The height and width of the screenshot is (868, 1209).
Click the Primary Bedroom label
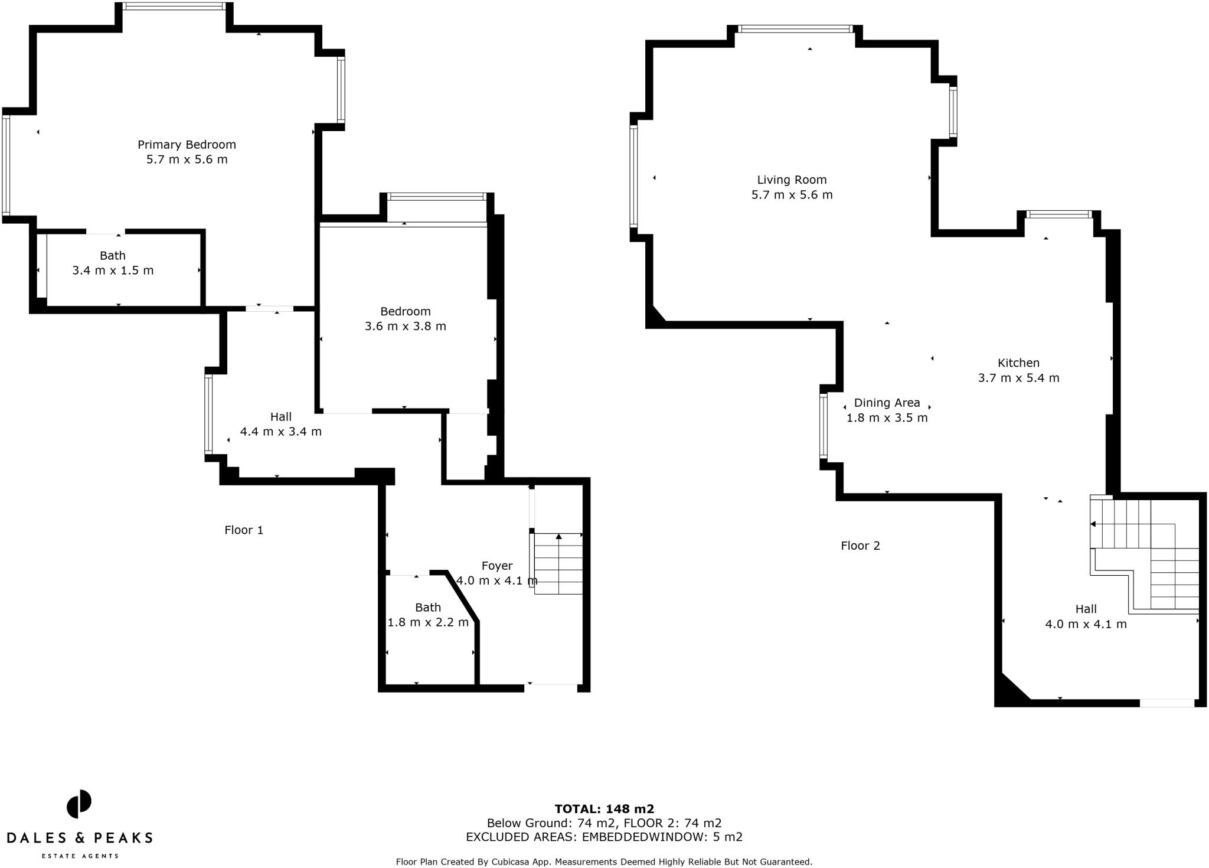(x=187, y=145)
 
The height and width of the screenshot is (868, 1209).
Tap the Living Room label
(x=792, y=180)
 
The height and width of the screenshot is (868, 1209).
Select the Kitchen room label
(x=1018, y=363)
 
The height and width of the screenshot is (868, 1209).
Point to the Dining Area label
(x=887, y=403)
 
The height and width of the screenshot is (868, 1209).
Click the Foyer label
(x=496, y=566)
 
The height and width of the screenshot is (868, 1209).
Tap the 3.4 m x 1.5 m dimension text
(x=113, y=270)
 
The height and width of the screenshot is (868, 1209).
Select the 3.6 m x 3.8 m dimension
(x=405, y=326)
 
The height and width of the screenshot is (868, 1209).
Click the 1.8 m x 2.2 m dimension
(x=427, y=622)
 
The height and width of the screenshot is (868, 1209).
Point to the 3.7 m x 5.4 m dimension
(x=1018, y=378)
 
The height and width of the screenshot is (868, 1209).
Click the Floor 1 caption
(x=244, y=530)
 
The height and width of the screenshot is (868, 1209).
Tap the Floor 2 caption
(x=860, y=546)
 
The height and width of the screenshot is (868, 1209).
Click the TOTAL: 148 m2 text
(x=604, y=809)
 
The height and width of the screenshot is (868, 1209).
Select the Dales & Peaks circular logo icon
(x=79, y=804)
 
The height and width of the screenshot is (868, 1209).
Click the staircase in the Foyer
(x=558, y=564)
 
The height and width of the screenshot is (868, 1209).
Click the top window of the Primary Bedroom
(x=174, y=6)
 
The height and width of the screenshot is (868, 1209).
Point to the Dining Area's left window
(x=823, y=426)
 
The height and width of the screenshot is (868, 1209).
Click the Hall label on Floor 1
(x=281, y=417)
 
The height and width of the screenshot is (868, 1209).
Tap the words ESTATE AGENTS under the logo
(x=79, y=856)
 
